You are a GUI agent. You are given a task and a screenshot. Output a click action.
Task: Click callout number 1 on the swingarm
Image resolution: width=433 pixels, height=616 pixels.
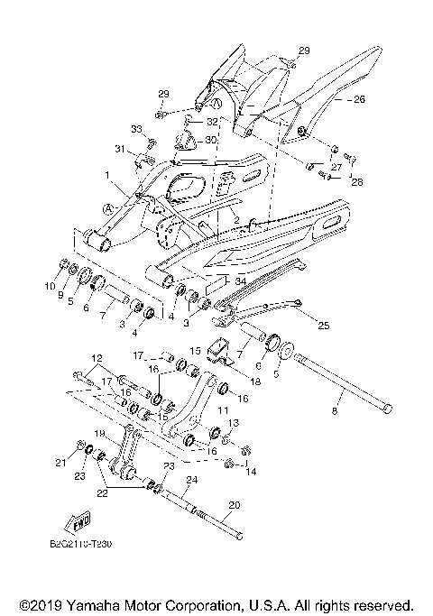(106, 174)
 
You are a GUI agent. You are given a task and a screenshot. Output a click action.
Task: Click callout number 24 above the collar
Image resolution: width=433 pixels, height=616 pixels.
(191, 481)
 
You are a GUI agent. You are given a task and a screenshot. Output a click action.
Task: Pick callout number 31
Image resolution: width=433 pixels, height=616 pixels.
(119, 149)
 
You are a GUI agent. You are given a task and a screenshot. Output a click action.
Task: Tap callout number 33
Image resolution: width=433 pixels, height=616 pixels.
(137, 130)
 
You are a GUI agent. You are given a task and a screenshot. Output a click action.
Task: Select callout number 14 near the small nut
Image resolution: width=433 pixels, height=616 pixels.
(251, 470)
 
